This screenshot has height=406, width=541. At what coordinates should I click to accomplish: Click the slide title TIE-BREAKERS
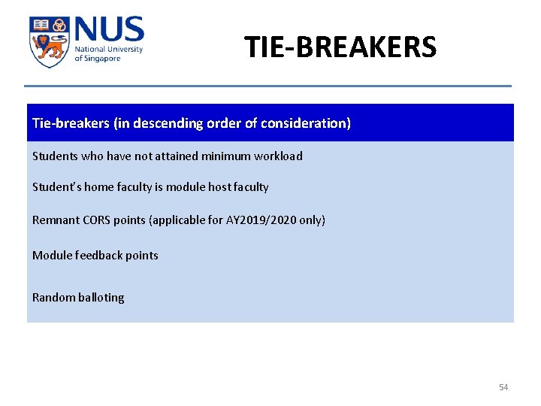340,47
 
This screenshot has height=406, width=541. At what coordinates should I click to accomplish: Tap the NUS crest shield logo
49,41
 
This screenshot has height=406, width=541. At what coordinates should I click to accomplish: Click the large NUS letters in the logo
108,31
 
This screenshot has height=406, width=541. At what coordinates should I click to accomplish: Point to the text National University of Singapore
107,54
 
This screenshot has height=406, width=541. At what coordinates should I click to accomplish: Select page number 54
503,387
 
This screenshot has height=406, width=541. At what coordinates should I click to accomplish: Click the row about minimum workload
167,156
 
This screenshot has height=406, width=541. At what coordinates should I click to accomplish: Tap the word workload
278,156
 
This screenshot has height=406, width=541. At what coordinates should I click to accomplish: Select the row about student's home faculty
150,187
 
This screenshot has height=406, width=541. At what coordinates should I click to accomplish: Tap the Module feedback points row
95,256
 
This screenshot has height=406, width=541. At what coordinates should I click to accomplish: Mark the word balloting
101,298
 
